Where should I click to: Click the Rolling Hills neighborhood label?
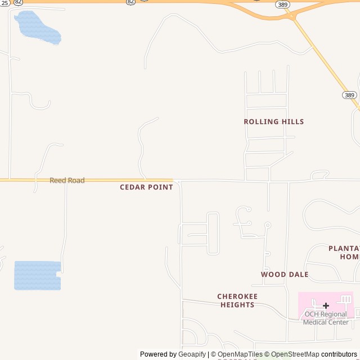coord(273,121)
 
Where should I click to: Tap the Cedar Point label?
coord(146,187)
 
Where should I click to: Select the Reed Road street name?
coord(67,181)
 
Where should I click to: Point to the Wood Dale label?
coord(285,274)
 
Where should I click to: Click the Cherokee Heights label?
coord(237,300)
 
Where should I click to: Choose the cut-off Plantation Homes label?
coord(344,252)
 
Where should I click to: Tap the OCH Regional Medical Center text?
coord(326,318)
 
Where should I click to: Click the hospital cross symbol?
coord(326,305)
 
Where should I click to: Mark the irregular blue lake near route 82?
coord(38,28)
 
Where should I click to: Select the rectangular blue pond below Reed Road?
coord(37,275)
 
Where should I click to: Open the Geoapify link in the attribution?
coord(192,354)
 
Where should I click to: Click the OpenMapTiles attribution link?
coord(240,354)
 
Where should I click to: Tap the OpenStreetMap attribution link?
coord(295,354)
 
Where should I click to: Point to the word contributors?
coord(339,354)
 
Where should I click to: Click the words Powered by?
coord(158,354)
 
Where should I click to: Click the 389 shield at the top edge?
coord(283,4)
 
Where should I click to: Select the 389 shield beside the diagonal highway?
coord(349,95)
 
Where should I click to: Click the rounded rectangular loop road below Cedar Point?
coord(213,233)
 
